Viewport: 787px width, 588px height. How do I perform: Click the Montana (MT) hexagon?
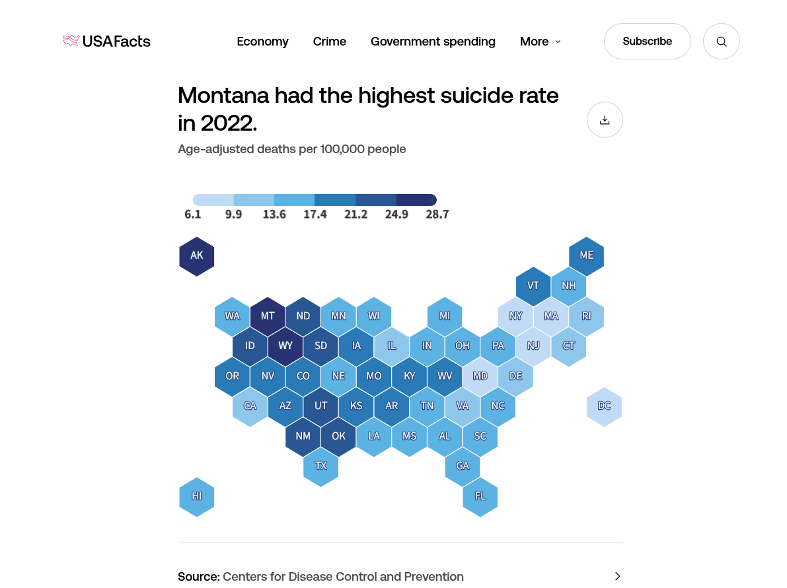tap(268, 316)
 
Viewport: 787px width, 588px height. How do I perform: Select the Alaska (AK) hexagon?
tap(197, 256)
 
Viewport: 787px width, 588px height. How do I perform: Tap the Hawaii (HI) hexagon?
tap(197, 496)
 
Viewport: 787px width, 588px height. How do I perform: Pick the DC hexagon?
tap(604, 407)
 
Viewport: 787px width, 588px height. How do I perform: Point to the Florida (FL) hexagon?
tap(480, 496)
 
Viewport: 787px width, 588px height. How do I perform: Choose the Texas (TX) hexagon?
tap(320, 466)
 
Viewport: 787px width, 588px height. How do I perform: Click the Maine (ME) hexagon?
tap(586, 256)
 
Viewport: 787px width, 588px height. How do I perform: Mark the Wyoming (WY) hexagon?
tap(285, 346)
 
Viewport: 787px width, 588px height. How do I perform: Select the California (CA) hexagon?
tap(250, 407)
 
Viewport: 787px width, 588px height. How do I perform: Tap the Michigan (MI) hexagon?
tap(445, 316)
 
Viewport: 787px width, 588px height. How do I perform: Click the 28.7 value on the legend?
tap(437, 214)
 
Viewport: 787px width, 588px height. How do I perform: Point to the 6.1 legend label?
tap(193, 214)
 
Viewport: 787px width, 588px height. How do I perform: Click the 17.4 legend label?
tap(315, 214)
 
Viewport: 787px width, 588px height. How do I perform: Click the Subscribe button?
tap(647, 42)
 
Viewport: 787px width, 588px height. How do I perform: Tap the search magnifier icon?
tap(722, 42)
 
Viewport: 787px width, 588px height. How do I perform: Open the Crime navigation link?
tap(330, 42)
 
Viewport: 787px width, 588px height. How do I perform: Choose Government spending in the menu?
tap(433, 42)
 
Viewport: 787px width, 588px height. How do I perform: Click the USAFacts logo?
tap(107, 42)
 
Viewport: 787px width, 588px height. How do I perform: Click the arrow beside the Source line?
tap(617, 576)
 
